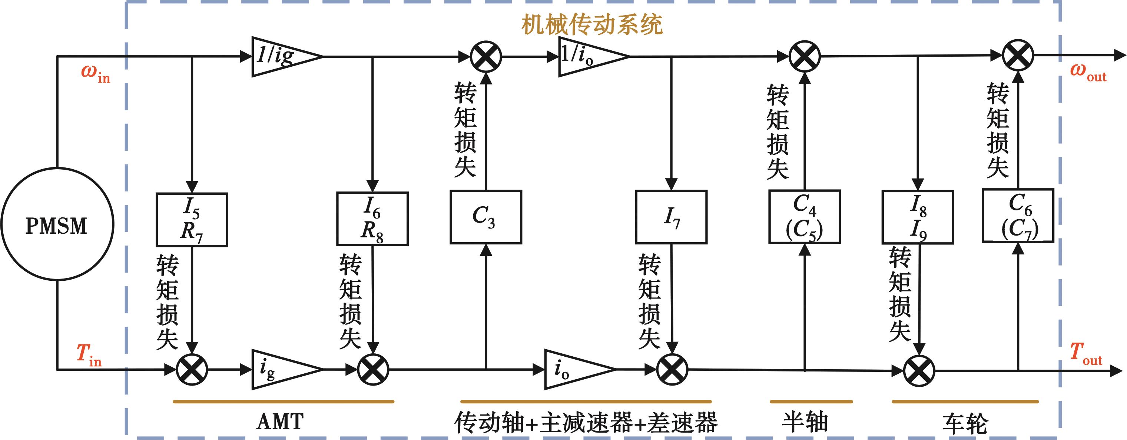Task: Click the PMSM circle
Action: pyautogui.click(x=57, y=224)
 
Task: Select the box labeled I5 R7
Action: pyautogui.click(x=192, y=220)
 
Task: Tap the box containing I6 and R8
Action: pyautogui.click(x=372, y=219)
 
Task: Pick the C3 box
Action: pyautogui.click(x=485, y=217)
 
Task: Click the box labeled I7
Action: pyautogui.click(x=671, y=217)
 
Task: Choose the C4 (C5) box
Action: pyautogui.click(x=804, y=217)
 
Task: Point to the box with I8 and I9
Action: pyautogui.click(x=918, y=217)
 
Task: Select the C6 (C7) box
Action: pyautogui.click(x=1018, y=216)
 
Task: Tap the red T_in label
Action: pyautogui.click(x=89, y=354)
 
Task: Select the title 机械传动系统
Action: pyautogui.click(x=591, y=24)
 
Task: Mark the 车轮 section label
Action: pyautogui.click(x=965, y=424)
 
